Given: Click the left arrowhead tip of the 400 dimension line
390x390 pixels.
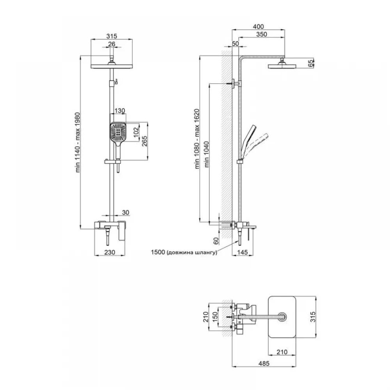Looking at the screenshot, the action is (x=232, y=30).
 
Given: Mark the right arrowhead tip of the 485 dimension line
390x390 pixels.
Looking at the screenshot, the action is (x=296, y=367).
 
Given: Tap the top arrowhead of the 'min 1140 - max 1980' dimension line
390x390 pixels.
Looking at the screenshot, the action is (x=80, y=56).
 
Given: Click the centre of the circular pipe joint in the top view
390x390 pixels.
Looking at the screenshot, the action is (x=282, y=317).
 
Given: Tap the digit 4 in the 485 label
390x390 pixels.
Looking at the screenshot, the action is (x=261, y=363).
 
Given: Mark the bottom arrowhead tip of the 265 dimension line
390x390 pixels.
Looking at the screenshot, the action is (x=147, y=160).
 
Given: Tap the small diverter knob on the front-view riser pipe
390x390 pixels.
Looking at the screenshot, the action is (x=116, y=81).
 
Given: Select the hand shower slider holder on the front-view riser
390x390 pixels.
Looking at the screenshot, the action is (x=112, y=162).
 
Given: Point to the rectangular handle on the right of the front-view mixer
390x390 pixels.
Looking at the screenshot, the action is (x=122, y=230).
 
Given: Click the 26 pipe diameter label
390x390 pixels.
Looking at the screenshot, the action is (x=112, y=44).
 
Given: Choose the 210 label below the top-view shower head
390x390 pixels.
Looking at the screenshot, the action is (x=282, y=352).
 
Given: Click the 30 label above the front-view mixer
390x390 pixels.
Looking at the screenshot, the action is (x=126, y=213).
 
